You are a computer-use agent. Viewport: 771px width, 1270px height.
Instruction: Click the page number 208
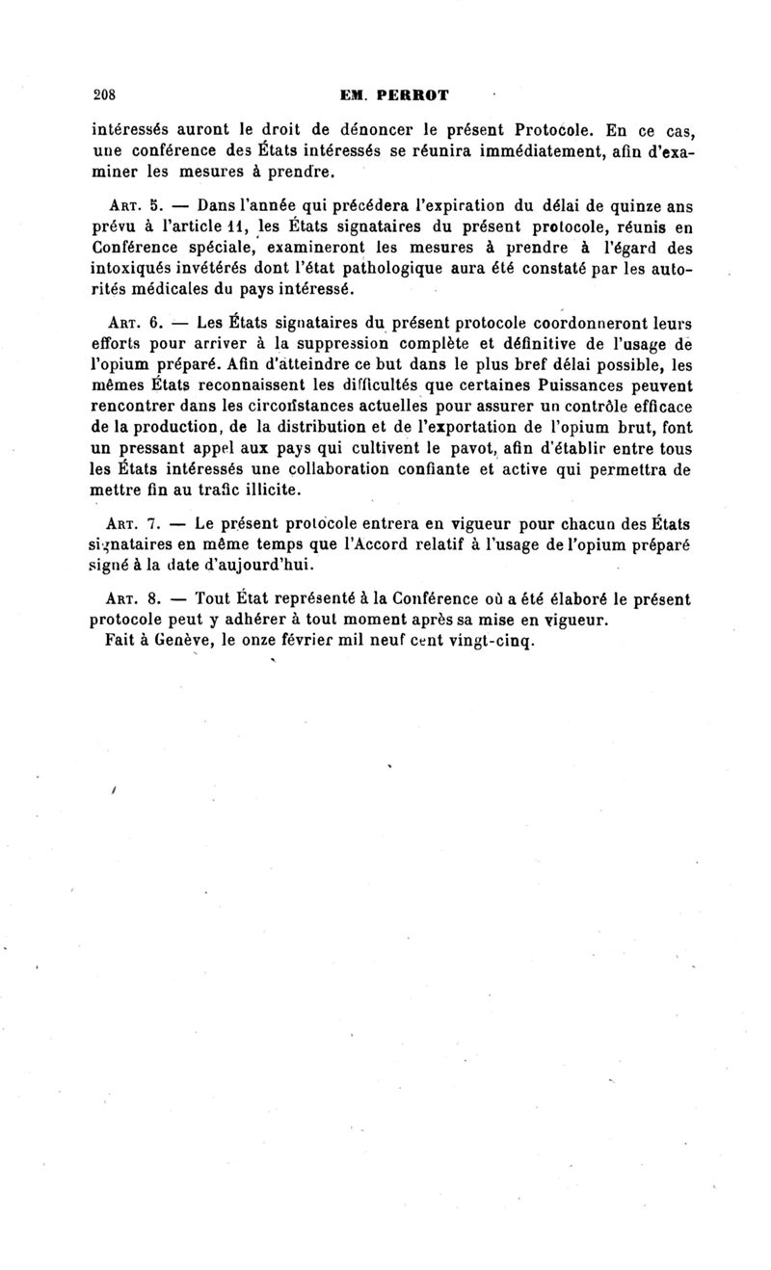[x=103, y=95]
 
